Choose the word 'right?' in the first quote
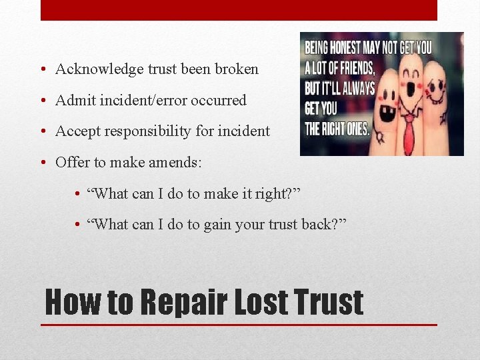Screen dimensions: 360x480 275,193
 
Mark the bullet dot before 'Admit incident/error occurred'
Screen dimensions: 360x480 42,101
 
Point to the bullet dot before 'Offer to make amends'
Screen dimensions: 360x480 42,163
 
